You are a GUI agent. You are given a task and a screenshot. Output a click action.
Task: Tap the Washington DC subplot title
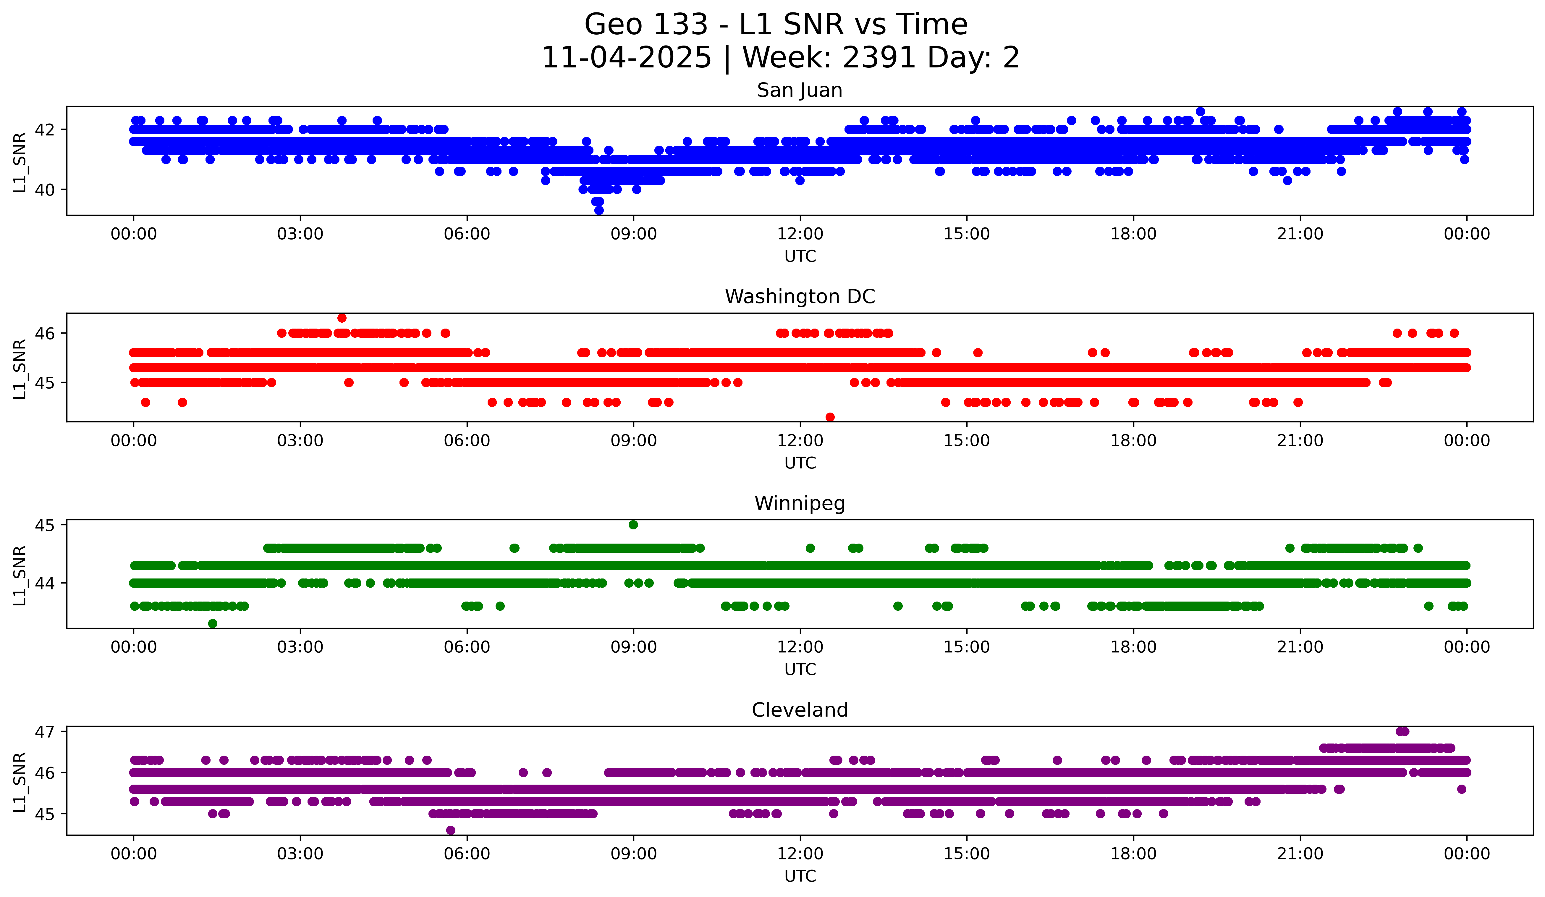pyautogui.click(x=800, y=297)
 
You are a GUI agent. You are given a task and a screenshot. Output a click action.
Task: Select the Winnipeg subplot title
pyautogui.click(x=800, y=503)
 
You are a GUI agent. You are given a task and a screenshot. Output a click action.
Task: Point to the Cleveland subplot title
pyautogui.click(x=800, y=710)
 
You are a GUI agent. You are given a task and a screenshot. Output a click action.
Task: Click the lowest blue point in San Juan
pyautogui.click(x=599, y=210)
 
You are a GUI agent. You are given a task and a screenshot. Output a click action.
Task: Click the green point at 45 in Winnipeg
pyautogui.click(x=633, y=525)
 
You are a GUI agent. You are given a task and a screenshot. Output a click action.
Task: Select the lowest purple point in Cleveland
pyautogui.click(x=451, y=830)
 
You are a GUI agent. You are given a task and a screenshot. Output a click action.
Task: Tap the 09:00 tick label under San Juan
pyautogui.click(x=633, y=234)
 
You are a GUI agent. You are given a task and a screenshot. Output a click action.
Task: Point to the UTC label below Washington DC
pyautogui.click(x=800, y=463)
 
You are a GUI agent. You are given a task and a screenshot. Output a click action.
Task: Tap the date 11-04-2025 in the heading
pyautogui.click(x=626, y=58)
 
